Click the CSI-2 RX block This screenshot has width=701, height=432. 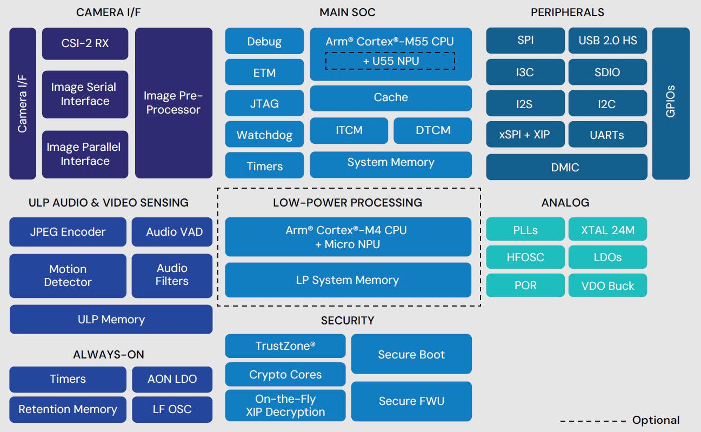coord(85,43)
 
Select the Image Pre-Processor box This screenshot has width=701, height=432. coord(173,103)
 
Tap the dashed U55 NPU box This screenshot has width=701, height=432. coord(390,61)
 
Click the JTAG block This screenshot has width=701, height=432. coord(264,103)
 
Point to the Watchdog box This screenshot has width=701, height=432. coord(264,135)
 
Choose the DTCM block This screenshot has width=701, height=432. coord(432,130)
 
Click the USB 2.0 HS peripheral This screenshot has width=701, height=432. coord(607,41)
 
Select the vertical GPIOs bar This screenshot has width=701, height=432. coord(671,103)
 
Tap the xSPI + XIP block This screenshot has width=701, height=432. coord(524,135)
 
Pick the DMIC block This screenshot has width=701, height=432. coord(566,167)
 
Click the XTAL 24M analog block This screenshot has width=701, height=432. coord(607,230)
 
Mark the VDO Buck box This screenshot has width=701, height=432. coord(607,285)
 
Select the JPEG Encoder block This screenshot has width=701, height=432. coord(68,232)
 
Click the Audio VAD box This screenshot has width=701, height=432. coord(172,232)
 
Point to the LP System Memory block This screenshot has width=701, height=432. coord(348,280)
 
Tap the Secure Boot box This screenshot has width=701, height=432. coord(411,354)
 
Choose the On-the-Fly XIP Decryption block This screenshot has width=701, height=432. coord(285,405)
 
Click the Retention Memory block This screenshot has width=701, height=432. coord(68,409)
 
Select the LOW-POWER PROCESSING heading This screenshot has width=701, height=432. coord(348,203)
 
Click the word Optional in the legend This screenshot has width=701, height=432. coord(656,420)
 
